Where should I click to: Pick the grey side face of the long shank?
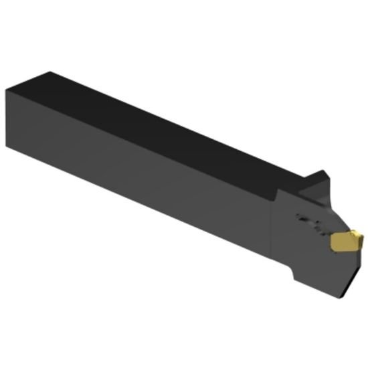(134, 174)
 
